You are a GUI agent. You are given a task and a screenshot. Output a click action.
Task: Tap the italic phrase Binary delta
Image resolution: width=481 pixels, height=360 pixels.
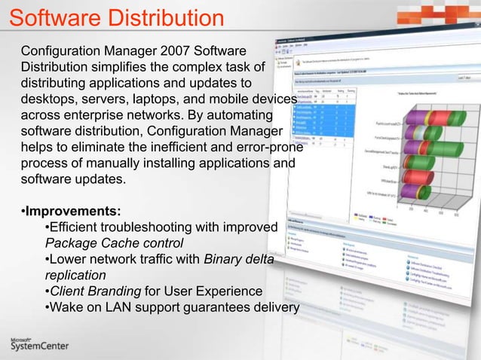(238, 259)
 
